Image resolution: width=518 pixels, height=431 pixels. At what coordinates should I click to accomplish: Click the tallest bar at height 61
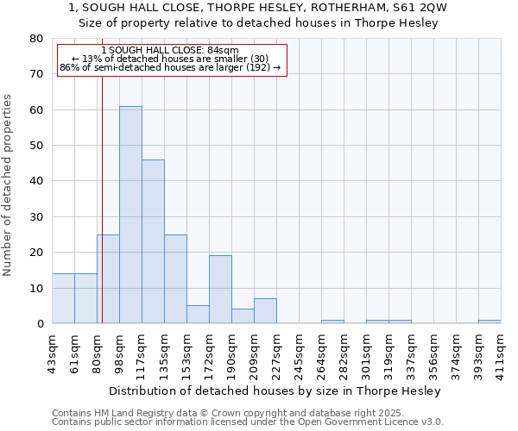[130, 215]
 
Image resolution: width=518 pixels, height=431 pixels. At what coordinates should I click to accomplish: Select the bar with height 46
[153, 241]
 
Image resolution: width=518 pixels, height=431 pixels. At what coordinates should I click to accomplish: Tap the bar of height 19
[220, 290]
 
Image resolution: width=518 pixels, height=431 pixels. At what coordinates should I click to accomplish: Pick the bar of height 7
[265, 311]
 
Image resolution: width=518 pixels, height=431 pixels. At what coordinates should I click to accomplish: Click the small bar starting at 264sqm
[332, 322]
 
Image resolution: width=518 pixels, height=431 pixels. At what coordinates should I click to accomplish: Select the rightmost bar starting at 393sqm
[490, 322]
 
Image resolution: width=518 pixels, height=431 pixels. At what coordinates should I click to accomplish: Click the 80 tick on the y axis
[36, 39]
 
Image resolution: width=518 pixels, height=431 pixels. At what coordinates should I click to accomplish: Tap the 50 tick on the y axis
[36, 146]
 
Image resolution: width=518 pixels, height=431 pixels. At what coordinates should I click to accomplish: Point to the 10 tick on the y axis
[36, 288]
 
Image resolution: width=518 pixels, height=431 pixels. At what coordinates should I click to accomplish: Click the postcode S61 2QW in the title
[422, 8]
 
